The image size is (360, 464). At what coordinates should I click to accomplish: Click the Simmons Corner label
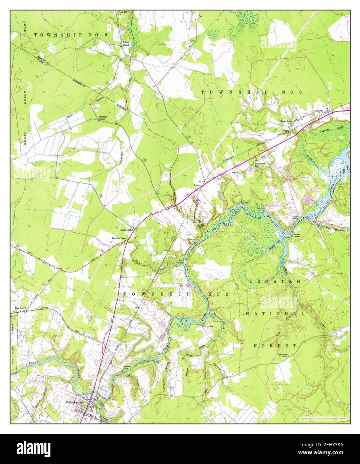pyautogui.click(x=102, y=118)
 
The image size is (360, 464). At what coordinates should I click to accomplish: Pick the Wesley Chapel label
pyautogui.click(x=125, y=44)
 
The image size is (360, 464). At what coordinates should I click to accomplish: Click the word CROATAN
pyautogui.click(x=275, y=281)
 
